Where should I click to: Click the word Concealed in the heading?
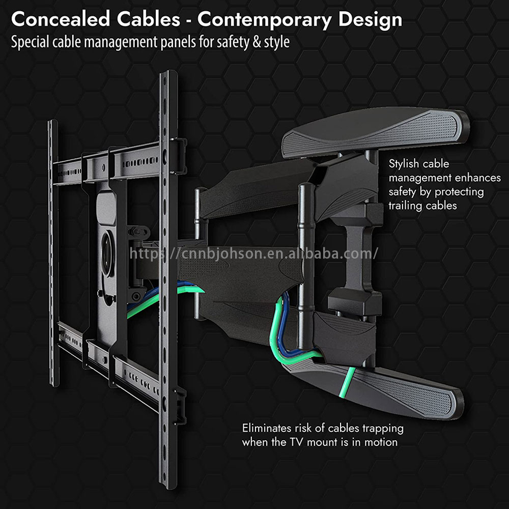[61, 19]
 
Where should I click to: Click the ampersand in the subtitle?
[257, 42]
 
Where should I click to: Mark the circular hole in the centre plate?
[107, 253]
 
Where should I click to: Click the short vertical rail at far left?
[53, 252]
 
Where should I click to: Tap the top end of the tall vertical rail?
[168, 73]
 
